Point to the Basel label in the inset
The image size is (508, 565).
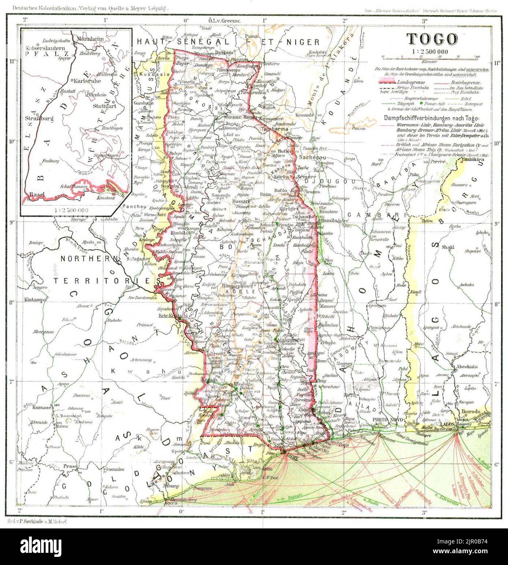[37, 195]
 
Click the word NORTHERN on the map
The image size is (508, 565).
[85, 259]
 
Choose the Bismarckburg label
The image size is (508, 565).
[232, 285]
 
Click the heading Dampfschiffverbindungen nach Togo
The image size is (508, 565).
[434, 118]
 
